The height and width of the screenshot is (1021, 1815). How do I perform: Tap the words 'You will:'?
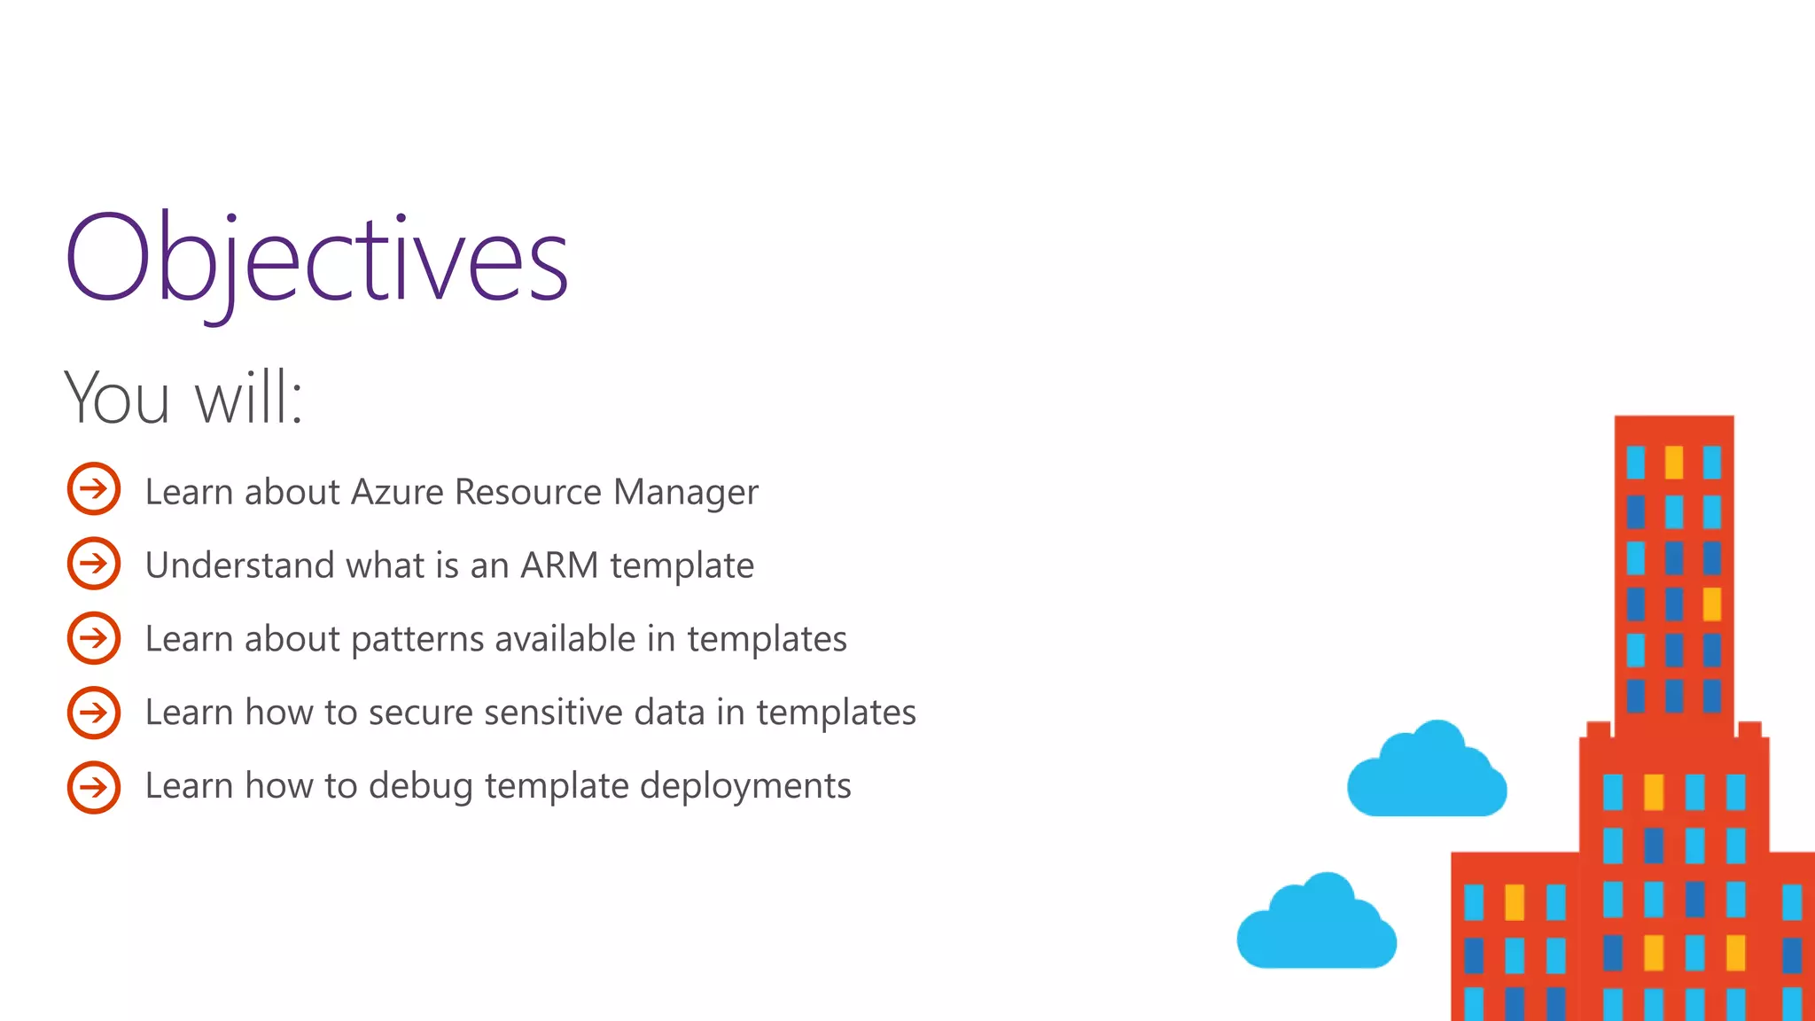[183, 398]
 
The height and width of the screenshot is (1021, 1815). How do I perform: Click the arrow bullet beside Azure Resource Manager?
[94, 488]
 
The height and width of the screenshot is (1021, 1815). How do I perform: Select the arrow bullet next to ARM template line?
[94, 563]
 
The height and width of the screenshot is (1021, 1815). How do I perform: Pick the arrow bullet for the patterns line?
[94, 637]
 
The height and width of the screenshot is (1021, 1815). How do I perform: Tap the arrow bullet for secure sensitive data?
[94, 712]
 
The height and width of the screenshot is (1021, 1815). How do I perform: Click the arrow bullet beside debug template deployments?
[94, 786]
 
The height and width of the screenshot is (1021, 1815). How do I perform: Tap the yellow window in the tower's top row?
[1673, 462]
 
